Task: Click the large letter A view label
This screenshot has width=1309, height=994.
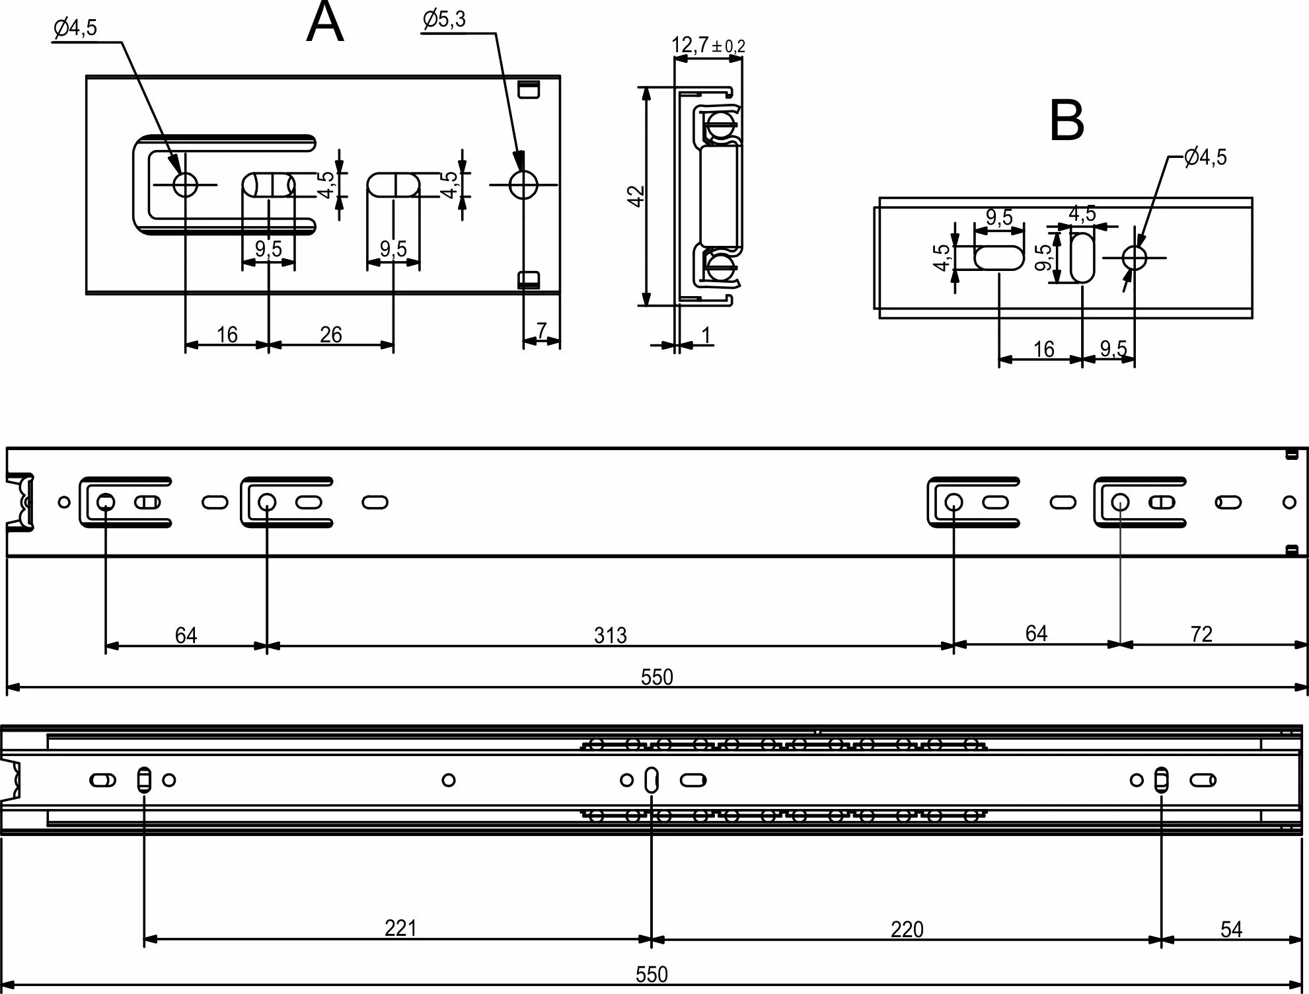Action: click(325, 24)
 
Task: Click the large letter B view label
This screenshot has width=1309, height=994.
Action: click(1066, 121)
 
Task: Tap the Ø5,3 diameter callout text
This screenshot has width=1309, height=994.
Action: click(444, 20)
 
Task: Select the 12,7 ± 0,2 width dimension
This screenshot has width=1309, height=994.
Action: click(708, 45)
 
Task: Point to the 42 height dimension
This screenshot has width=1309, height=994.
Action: click(636, 196)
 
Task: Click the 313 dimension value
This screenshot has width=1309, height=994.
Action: click(610, 635)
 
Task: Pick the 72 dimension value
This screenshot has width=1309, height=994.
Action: click(1201, 634)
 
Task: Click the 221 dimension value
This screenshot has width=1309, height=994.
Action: click(400, 929)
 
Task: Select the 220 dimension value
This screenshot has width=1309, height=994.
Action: click(907, 930)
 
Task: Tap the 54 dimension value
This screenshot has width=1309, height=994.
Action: click(1232, 930)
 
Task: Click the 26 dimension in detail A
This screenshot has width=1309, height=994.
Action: click(331, 335)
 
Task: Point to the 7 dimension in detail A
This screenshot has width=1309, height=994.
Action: click(542, 330)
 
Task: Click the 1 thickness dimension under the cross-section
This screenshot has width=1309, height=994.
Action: click(706, 336)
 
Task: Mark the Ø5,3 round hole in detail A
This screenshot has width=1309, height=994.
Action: click(523, 185)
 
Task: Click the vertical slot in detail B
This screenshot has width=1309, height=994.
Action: click(1082, 258)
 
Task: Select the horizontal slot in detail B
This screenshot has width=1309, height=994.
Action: click(999, 258)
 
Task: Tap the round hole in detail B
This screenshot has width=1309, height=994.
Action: click(1135, 258)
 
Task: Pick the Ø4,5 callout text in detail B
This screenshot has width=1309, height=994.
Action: click(1205, 157)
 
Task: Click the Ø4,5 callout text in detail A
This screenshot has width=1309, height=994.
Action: click(75, 28)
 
